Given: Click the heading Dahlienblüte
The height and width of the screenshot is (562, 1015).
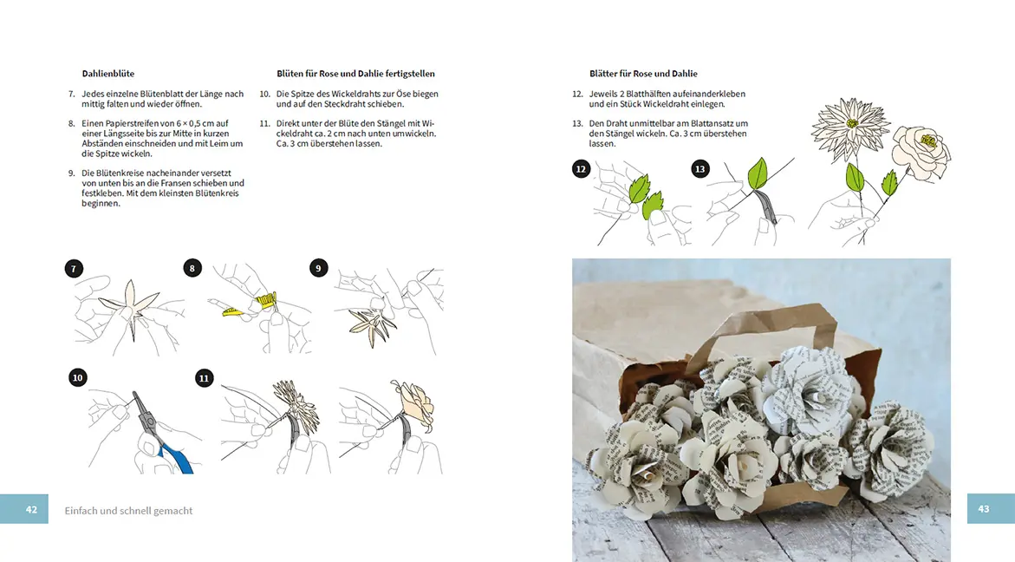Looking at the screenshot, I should click(x=108, y=74).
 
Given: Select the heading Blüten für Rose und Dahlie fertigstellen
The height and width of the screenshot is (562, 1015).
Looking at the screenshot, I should click(x=355, y=74).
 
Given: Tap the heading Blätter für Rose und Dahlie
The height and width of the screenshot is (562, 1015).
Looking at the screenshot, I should click(x=643, y=74).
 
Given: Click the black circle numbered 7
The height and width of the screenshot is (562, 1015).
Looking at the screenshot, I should click(x=74, y=269).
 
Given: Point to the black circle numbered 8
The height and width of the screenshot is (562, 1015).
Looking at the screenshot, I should click(x=192, y=268).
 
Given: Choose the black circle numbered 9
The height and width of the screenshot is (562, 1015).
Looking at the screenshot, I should click(x=318, y=268).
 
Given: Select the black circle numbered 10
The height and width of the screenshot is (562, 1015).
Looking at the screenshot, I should click(x=78, y=377).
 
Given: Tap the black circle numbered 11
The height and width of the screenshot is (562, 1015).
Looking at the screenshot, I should click(x=204, y=378).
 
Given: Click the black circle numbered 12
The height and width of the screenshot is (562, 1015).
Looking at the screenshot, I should click(x=581, y=169).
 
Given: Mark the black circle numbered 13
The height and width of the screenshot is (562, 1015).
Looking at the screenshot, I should click(x=700, y=169).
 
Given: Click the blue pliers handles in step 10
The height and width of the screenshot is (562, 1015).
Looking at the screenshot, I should click(x=176, y=457).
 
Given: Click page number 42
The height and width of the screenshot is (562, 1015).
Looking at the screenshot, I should click(x=31, y=509).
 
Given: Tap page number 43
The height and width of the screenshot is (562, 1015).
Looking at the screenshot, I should click(x=983, y=509).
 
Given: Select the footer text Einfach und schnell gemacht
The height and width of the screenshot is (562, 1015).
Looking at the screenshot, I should click(x=128, y=511).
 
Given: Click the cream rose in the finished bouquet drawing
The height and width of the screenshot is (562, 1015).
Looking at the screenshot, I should click(x=921, y=151).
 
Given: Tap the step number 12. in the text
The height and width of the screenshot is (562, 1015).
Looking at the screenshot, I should click(x=577, y=94).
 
